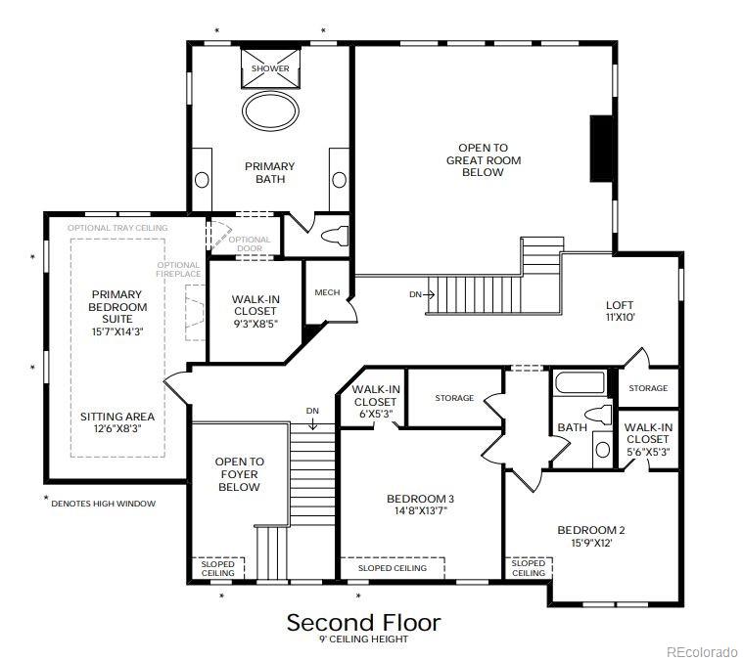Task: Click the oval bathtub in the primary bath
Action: point(270,110)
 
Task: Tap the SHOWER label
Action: point(270,68)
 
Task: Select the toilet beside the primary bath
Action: point(335,236)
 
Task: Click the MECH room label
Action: point(327,292)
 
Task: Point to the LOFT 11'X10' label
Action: point(620,311)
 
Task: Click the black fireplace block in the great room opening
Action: point(601,148)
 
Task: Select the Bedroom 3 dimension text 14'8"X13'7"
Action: point(421,511)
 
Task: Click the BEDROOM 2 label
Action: point(591,530)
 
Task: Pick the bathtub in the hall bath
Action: point(580,382)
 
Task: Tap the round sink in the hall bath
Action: point(603,449)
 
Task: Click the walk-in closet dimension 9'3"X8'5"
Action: point(255,324)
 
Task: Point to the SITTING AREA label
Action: point(117,417)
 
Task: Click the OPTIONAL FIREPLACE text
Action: point(178,269)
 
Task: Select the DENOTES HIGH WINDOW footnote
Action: point(104,504)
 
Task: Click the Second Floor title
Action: point(363,623)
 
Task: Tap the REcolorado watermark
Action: point(701,651)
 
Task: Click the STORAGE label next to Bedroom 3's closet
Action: point(454,398)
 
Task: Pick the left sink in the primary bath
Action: point(202,180)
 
